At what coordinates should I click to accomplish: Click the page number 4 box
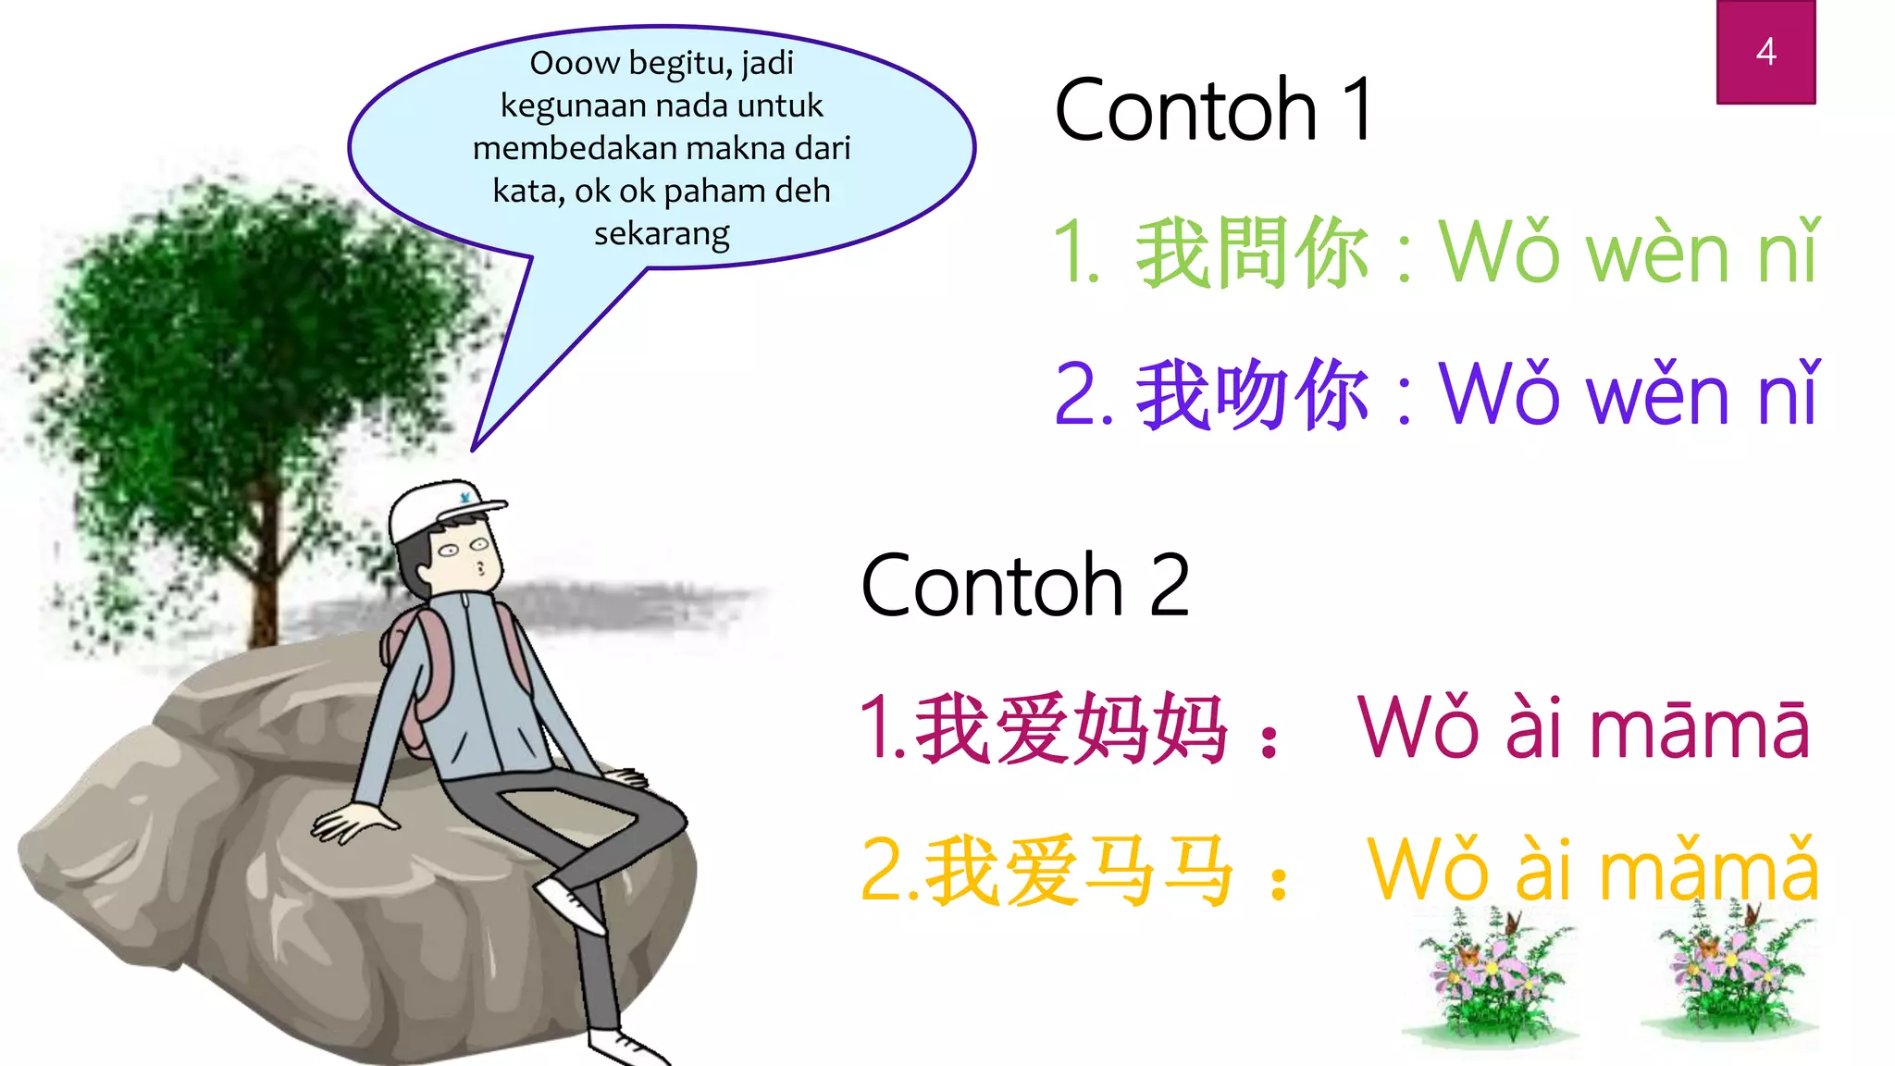pyautogui.click(x=1765, y=52)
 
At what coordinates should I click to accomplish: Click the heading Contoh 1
pyautogui.click(x=1213, y=110)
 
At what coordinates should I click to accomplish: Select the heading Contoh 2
pyautogui.click(x=1024, y=585)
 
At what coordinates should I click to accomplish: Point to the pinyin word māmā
pyautogui.click(x=1699, y=729)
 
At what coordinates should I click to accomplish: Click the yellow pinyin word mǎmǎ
pyautogui.click(x=1708, y=870)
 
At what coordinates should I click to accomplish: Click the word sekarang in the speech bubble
pyautogui.click(x=662, y=233)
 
